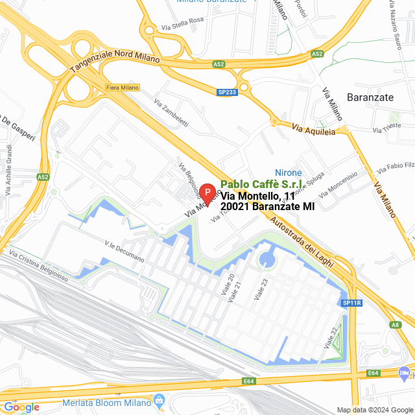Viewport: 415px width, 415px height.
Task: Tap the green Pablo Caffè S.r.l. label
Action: pyautogui.click(x=263, y=184)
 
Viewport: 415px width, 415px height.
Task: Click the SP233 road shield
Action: pyautogui.click(x=227, y=93)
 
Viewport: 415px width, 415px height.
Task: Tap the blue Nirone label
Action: pyautogui.click(x=289, y=172)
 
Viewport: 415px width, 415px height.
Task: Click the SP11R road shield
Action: pyautogui.click(x=351, y=303)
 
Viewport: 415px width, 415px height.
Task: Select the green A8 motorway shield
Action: pyautogui.click(x=396, y=325)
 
